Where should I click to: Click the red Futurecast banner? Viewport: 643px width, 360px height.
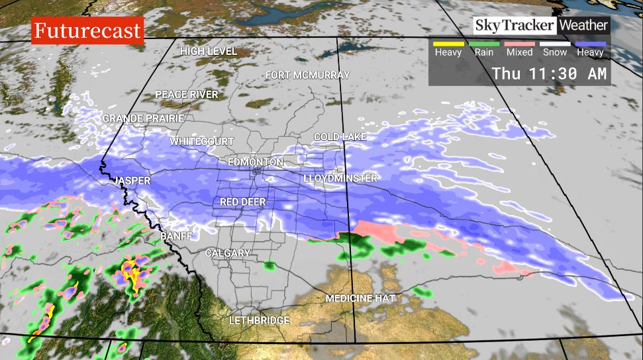tap(87, 30)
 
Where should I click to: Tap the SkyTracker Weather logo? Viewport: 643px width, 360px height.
tap(540, 26)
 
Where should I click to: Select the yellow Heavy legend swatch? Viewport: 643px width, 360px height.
tap(448, 44)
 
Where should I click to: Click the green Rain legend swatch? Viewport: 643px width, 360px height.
tap(483, 44)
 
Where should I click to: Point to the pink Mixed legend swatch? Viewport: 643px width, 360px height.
tap(519, 44)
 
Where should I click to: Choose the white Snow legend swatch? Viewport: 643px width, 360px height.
tap(555, 44)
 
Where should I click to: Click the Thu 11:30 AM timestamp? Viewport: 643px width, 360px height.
tap(549, 73)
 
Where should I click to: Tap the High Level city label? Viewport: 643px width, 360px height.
tap(209, 51)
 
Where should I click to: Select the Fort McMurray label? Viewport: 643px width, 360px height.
tap(307, 75)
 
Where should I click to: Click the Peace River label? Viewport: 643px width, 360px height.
tap(187, 95)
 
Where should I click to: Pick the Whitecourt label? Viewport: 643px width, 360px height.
tap(202, 142)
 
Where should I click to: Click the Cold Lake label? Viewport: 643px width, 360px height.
tap(340, 137)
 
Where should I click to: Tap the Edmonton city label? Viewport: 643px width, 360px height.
tap(255, 162)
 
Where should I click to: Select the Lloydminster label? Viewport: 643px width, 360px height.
tap(340, 179)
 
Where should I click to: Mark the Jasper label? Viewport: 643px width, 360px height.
tap(132, 181)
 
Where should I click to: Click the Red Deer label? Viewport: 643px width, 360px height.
tap(242, 202)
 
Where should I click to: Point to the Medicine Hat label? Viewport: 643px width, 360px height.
tap(360, 298)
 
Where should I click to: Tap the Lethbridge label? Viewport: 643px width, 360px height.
tap(259, 320)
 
